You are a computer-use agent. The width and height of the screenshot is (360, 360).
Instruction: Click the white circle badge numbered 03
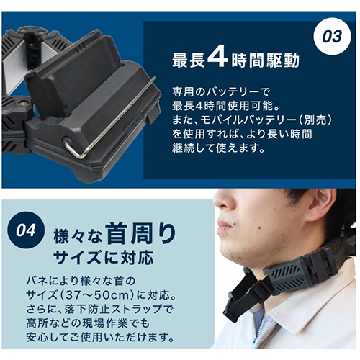coord(332,37)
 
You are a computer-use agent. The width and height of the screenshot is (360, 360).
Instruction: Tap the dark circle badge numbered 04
coord(26,230)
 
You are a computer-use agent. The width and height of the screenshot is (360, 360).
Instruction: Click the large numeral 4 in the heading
coord(217,58)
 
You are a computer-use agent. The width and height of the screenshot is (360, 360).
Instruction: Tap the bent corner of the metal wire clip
coord(69,147)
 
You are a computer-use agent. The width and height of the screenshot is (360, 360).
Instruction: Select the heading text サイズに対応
coord(103,258)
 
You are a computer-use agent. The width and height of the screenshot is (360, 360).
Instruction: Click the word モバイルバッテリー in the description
coord(246,120)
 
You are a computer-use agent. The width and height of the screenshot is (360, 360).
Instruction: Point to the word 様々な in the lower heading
coord(78,236)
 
